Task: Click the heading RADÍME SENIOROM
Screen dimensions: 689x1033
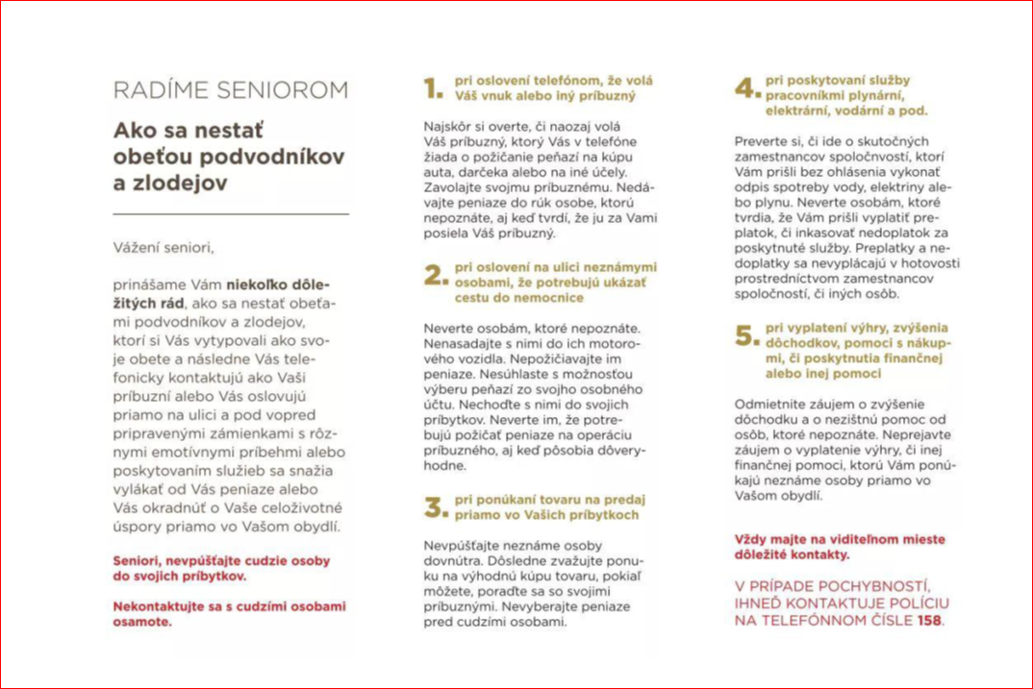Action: pos(231,91)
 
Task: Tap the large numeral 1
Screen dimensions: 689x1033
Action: pos(434,89)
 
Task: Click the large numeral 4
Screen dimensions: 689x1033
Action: pos(746,89)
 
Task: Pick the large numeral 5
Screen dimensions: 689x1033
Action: pos(746,335)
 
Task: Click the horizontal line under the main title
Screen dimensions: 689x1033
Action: pos(231,213)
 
